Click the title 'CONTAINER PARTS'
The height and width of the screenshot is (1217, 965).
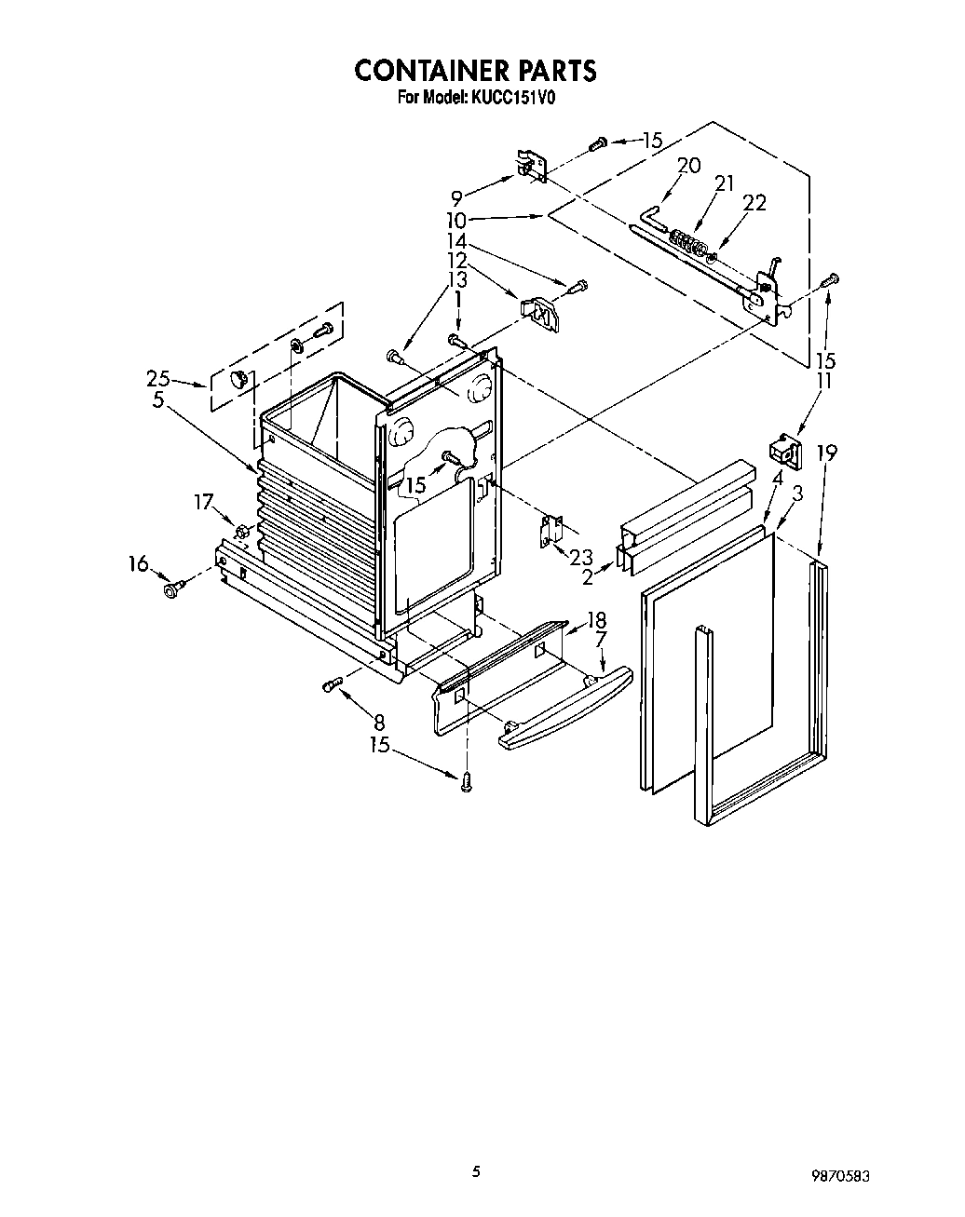(x=475, y=71)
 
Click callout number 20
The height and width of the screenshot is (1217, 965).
(x=688, y=166)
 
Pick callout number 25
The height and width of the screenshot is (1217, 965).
(x=158, y=378)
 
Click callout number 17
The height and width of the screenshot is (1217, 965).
(x=204, y=502)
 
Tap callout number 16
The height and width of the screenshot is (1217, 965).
(x=138, y=562)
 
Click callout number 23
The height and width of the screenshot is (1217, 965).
(x=581, y=557)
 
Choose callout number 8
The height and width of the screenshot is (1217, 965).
(x=379, y=721)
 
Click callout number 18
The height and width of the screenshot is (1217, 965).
(x=596, y=620)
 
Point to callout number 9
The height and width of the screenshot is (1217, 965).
(x=456, y=197)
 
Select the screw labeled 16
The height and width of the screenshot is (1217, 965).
(x=173, y=588)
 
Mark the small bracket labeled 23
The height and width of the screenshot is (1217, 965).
(x=550, y=531)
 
